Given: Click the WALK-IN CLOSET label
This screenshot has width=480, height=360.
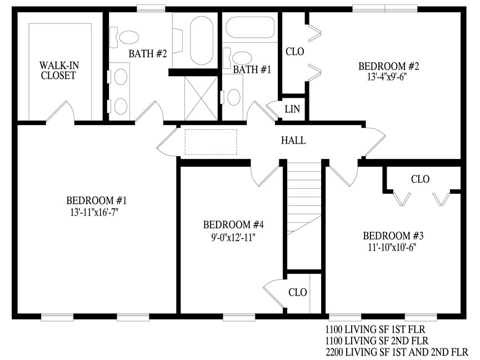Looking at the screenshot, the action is [58, 71].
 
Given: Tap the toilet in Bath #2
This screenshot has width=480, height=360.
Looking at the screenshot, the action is [124, 37].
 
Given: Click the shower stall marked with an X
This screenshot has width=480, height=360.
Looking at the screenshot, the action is [201, 98].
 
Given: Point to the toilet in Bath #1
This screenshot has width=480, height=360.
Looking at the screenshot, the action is [237, 58].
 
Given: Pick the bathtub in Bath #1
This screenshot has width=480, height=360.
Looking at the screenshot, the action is [250, 28].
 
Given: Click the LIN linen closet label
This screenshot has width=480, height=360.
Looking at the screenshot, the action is [292, 109].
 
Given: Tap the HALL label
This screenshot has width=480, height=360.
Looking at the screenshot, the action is [293, 141].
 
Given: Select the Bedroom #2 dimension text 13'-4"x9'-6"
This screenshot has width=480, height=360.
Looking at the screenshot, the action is [388, 77].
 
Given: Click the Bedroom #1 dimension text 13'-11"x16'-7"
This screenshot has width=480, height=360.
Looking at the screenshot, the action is [94, 212].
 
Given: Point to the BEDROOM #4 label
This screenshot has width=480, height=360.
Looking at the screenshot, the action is [233, 224].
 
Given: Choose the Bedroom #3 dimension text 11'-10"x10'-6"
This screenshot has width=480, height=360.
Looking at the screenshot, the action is [392, 247].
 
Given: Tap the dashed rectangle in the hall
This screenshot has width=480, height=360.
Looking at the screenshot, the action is [211, 142].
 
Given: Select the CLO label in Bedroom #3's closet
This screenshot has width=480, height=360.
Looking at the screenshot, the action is [421, 179].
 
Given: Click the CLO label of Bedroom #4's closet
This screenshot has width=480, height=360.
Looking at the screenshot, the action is [298, 292].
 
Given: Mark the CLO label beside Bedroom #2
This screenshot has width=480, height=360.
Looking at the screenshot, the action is [295, 52].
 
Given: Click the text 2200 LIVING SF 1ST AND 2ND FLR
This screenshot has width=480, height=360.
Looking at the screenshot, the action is [397, 352].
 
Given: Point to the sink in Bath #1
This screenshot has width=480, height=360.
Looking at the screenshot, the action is [233, 97].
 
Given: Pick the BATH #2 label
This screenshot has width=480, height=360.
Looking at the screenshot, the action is [148, 54].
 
